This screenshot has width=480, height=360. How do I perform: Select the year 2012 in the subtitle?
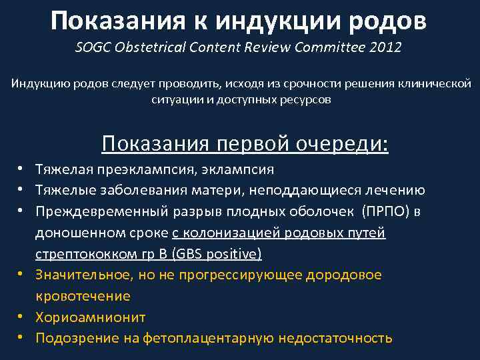coord(387,49)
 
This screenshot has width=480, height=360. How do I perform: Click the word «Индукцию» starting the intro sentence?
coord(40,85)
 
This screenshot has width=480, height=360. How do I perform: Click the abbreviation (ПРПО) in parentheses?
coord(383,212)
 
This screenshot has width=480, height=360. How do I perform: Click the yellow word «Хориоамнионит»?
coord(90,317)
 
